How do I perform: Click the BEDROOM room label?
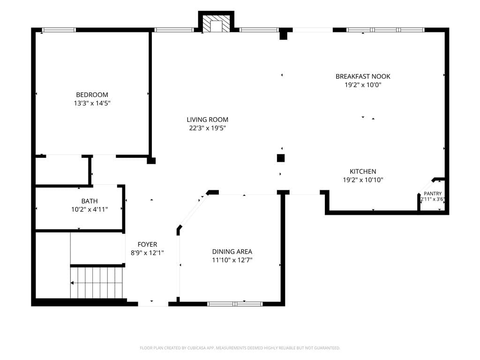(x=92, y=95)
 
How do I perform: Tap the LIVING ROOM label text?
(x=207, y=120)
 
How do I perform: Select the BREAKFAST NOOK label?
(x=363, y=76)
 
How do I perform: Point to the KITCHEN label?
(x=363, y=172)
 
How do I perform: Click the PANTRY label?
(x=433, y=194)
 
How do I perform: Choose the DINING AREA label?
(x=232, y=252)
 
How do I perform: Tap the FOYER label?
(x=147, y=244)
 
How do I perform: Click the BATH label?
(x=90, y=201)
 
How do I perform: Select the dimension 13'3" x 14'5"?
(x=92, y=103)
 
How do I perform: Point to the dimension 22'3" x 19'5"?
(x=207, y=128)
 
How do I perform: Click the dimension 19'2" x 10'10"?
(x=363, y=180)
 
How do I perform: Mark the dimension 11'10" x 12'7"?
(x=232, y=260)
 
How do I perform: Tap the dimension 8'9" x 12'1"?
(x=147, y=253)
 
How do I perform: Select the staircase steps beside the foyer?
(x=97, y=283)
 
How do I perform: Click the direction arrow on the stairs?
(x=72, y=283)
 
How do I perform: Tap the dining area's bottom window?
(x=235, y=304)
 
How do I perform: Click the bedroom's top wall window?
(x=59, y=30)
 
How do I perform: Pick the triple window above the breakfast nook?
(x=385, y=30)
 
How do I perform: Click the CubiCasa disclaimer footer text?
(x=240, y=348)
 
